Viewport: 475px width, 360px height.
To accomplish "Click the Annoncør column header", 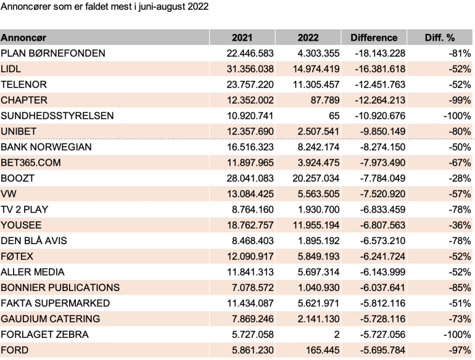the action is [x=23, y=38].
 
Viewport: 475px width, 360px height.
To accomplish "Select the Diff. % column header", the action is [x=440, y=38].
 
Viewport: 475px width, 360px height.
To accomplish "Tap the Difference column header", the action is [x=374, y=38].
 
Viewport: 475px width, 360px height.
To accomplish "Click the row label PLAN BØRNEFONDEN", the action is [x=53, y=53].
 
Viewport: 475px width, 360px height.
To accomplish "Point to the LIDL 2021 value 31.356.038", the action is [x=250, y=69].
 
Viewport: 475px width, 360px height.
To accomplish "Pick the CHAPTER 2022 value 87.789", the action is [x=324, y=100].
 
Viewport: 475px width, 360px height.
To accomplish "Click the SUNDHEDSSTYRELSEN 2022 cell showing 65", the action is [x=334, y=116].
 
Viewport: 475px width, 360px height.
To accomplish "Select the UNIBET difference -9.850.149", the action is [x=382, y=131].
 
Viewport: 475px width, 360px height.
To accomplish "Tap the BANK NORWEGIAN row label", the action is [x=46, y=147].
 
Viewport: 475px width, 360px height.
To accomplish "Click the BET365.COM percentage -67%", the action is [x=460, y=163].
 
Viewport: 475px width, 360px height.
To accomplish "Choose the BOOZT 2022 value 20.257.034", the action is [x=316, y=178].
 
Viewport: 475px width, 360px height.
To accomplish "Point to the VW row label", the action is [x=9, y=194].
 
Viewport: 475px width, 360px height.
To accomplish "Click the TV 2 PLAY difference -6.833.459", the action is [x=382, y=210].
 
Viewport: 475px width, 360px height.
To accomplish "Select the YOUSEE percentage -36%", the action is [x=460, y=225].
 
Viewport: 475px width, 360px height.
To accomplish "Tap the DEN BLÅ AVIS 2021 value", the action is [x=253, y=240].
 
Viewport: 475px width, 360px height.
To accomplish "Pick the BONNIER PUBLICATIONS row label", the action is [x=60, y=288].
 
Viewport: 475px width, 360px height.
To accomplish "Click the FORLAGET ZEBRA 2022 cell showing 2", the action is [x=337, y=335].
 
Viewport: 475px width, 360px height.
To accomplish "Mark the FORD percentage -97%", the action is [x=460, y=350].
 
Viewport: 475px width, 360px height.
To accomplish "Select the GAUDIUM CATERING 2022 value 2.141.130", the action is [x=318, y=319].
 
